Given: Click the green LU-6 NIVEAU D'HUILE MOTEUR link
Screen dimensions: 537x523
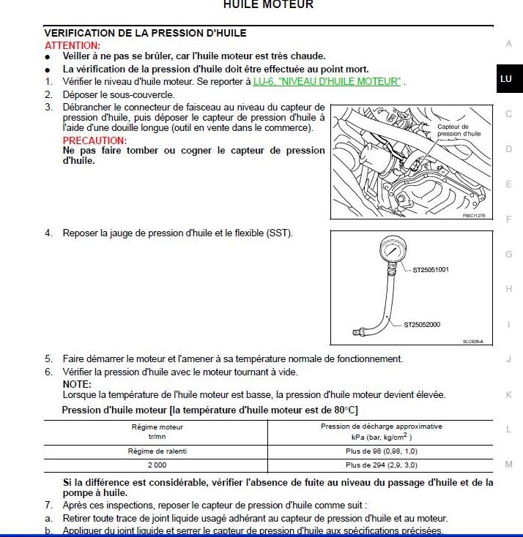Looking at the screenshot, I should click(x=327, y=81).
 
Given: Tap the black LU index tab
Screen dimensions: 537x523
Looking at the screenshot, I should click(x=505, y=79).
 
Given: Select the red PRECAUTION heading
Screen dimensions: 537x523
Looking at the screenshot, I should click(x=94, y=140).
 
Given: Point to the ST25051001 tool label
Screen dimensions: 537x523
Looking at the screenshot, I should click(x=431, y=270).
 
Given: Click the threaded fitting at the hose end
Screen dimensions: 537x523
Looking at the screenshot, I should click(x=358, y=332).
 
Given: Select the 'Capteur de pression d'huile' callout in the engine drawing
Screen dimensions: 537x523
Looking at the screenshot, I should click(x=459, y=130).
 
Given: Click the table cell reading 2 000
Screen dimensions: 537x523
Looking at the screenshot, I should click(x=157, y=465).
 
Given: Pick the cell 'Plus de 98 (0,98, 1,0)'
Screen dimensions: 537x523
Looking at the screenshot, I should click(x=381, y=451).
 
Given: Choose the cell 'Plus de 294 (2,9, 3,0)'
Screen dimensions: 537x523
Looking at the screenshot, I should click(x=381, y=465).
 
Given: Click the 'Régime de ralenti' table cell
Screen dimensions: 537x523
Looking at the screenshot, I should click(x=157, y=451).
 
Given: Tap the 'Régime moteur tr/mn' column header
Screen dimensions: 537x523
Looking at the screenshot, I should click(x=157, y=432).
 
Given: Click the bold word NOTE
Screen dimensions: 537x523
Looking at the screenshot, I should click(x=77, y=384).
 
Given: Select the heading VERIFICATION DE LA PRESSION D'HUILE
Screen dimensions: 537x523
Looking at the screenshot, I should click(x=145, y=33).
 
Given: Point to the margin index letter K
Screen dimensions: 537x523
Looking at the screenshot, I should click(x=508, y=395).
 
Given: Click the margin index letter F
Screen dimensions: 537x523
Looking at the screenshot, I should click(x=508, y=219).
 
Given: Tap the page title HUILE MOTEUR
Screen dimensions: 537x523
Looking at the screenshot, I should click(x=267, y=4).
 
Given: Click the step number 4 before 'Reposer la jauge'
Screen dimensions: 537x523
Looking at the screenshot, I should click(x=48, y=233).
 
